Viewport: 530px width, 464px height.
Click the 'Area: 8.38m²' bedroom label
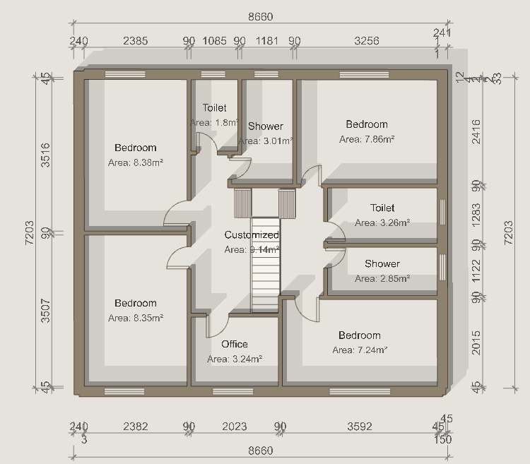tap(136, 162)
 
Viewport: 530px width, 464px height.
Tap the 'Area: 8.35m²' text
tap(136, 318)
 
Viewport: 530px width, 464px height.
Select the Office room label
tap(235, 344)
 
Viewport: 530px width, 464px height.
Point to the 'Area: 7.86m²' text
tap(367, 139)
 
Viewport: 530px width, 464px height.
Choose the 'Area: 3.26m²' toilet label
tap(382, 222)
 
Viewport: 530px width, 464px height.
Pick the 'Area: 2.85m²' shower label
tap(382, 278)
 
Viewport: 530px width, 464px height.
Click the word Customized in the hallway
tap(252, 234)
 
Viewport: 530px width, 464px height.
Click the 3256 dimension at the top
tap(367, 41)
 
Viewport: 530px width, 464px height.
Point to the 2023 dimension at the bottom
tap(235, 426)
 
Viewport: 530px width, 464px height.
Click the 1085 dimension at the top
tap(215, 41)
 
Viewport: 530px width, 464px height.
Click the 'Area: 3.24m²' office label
tap(235, 359)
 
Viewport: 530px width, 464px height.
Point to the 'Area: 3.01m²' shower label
tap(266, 141)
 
